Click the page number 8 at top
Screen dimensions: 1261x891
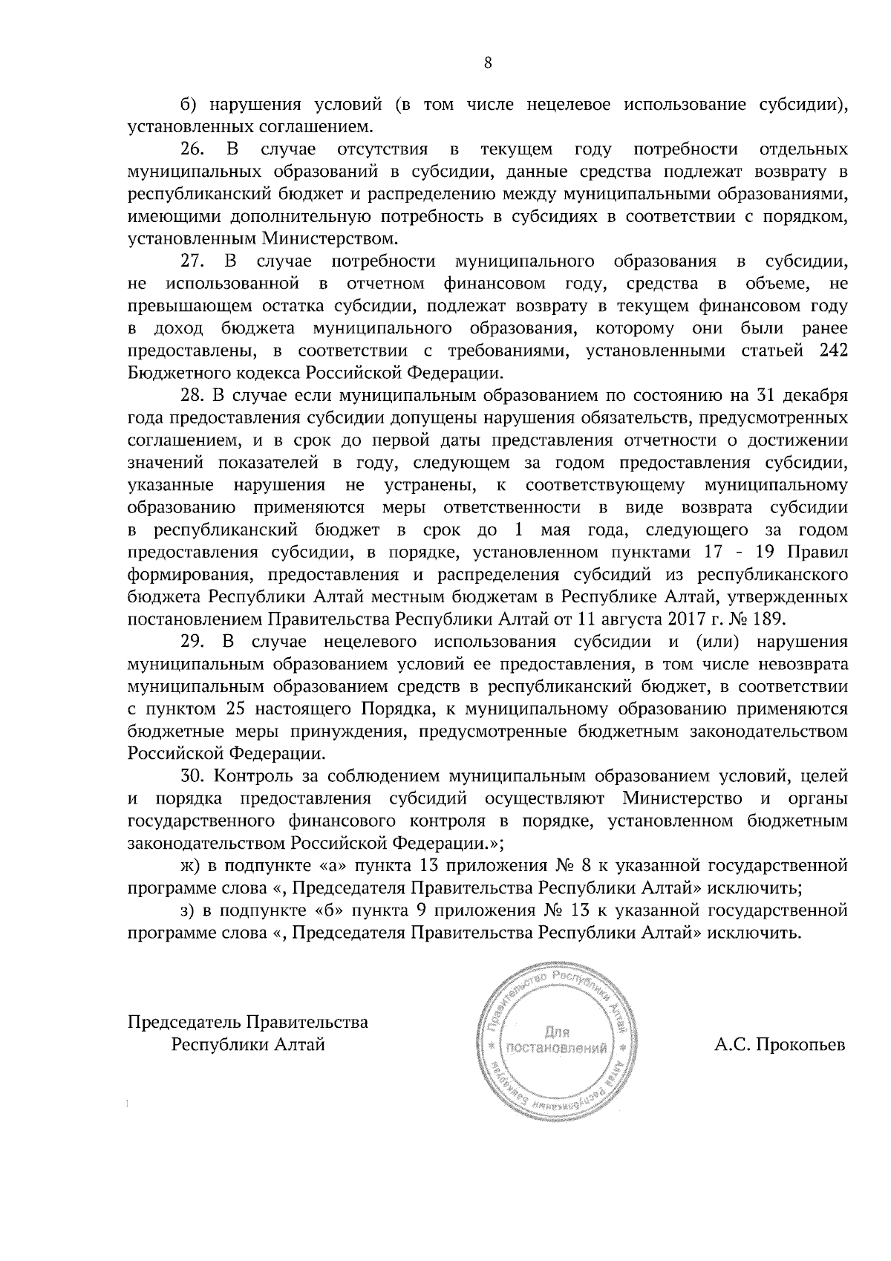click(487, 63)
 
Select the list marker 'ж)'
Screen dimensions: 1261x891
click(191, 865)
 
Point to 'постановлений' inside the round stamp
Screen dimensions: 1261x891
click(557, 1049)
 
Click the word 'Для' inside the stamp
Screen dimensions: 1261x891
click(556, 1032)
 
